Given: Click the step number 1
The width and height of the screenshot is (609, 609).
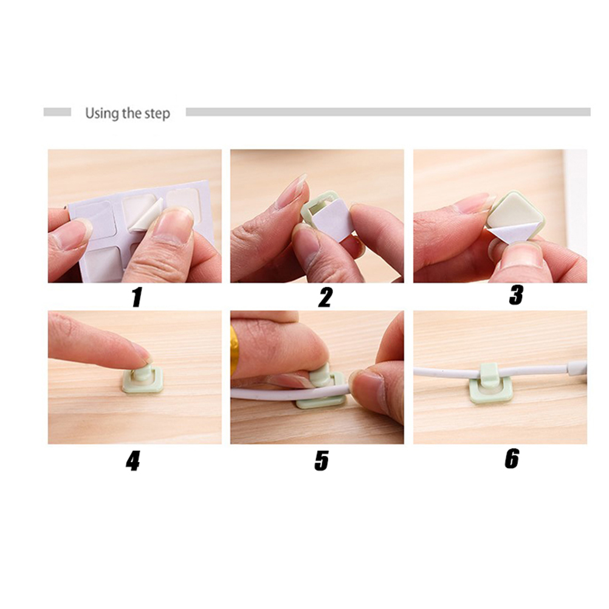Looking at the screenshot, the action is coord(136,297).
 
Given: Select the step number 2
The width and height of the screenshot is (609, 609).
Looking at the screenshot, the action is coord(325,297).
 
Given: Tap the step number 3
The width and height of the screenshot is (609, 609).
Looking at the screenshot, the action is coord(516,295).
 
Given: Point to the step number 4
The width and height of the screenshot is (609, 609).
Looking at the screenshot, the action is coord(133,461).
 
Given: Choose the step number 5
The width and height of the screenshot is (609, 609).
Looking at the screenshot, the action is coord(322,461).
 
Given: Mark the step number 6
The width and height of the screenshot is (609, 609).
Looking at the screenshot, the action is coord(512,458).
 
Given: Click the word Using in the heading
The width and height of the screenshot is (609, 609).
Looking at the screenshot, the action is coord(102,114).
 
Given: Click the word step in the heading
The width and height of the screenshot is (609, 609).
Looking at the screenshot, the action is coord(157,114).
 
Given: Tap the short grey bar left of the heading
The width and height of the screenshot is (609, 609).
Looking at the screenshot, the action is coord(57,112).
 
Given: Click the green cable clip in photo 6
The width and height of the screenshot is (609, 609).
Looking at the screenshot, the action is coord(487,384).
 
